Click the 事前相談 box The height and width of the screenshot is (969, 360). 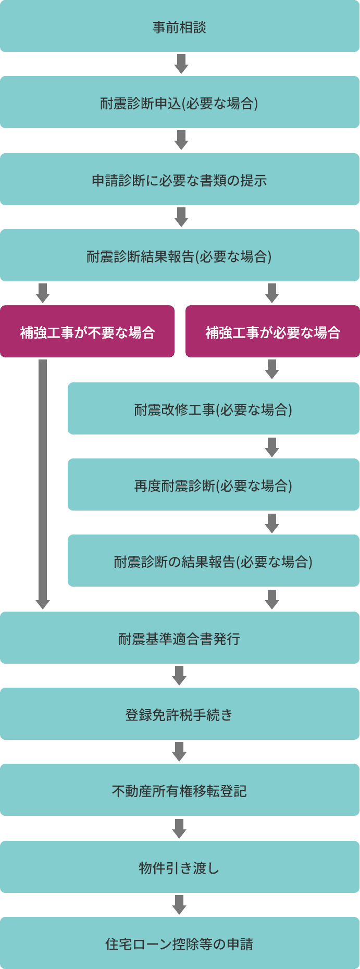coord(180,27)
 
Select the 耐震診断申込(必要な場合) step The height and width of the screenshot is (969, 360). coord(180,103)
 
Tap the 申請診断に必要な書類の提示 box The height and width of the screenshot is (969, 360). coord(180,179)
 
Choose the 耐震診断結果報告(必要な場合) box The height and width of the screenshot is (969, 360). coord(180,255)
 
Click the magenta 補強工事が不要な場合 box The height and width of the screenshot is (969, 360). coord(87,331)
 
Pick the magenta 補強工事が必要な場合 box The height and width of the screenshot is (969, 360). coord(272,331)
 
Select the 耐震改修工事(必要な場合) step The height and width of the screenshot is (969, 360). coord(213,408)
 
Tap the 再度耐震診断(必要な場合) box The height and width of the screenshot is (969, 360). coord(213,484)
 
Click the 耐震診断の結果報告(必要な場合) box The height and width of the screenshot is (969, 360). coord(213,561)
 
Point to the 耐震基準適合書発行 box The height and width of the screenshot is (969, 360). coord(180,638)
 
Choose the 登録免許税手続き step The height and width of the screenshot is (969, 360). coord(180,714)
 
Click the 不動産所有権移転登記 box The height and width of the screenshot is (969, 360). coord(180,790)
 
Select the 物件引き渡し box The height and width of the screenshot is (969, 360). coord(180,867)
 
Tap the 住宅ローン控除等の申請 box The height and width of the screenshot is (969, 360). coord(180,943)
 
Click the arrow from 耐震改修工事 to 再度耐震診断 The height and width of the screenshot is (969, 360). coord(272,447)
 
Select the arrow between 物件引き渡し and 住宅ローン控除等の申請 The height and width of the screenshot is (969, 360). coord(179,905)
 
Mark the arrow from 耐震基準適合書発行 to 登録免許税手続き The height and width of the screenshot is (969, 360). coord(179,676)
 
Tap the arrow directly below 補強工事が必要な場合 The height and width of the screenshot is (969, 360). coord(272,369)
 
